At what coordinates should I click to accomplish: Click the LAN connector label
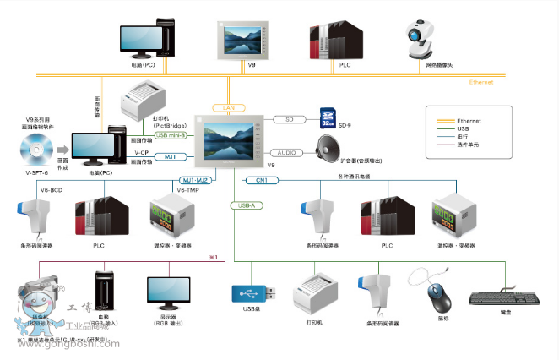click(x=228, y=108)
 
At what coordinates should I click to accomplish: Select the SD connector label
click(x=290, y=120)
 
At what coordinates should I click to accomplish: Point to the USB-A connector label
click(x=247, y=205)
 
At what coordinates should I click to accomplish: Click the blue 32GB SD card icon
click(x=328, y=117)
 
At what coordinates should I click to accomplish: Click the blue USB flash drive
click(x=252, y=293)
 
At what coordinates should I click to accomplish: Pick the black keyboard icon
click(x=505, y=298)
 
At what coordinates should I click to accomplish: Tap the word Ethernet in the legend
click(x=469, y=121)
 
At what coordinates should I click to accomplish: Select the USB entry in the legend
click(x=462, y=128)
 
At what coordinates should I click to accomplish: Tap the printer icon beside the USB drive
click(x=315, y=293)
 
